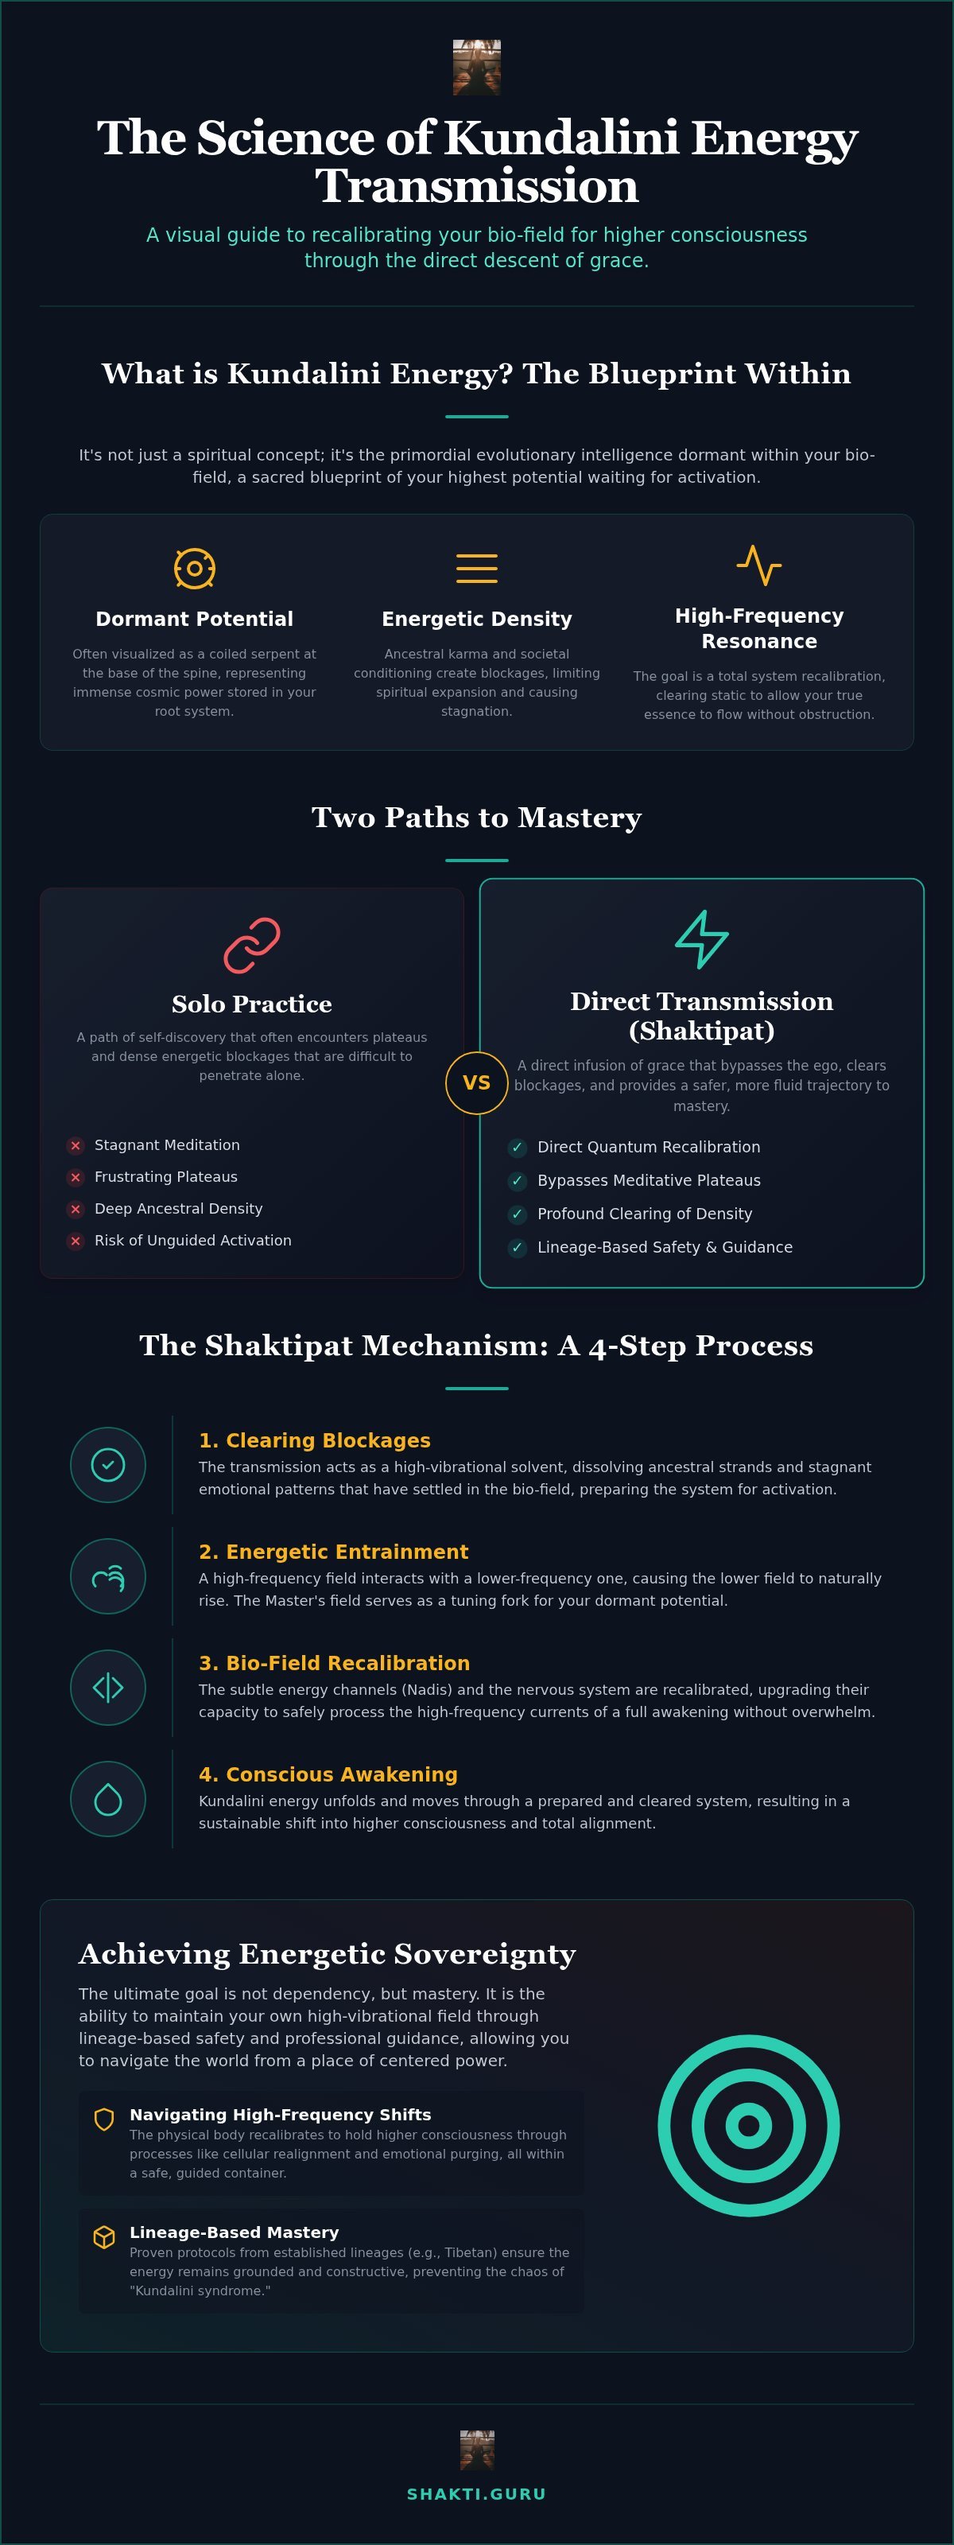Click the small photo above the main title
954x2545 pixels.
(x=476, y=67)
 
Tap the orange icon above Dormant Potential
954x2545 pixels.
(x=195, y=568)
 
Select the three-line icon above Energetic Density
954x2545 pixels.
(x=476, y=568)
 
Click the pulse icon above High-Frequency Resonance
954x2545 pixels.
(x=758, y=565)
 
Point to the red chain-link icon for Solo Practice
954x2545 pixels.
(x=252, y=946)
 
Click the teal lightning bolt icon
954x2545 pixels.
(x=701, y=938)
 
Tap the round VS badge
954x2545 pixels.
(x=476, y=1082)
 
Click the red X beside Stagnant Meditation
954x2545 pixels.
(x=75, y=1146)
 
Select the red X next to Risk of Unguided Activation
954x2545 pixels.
(x=75, y=1241)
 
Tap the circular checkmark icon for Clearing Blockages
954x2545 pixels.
(x=107, y=1465)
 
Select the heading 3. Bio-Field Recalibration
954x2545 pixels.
(x=334, y=1663)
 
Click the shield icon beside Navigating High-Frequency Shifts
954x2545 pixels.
(x=103, y=2120)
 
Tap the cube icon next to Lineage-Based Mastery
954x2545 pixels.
(x=103, y=2236)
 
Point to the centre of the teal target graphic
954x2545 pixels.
(x=749, y=2125)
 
